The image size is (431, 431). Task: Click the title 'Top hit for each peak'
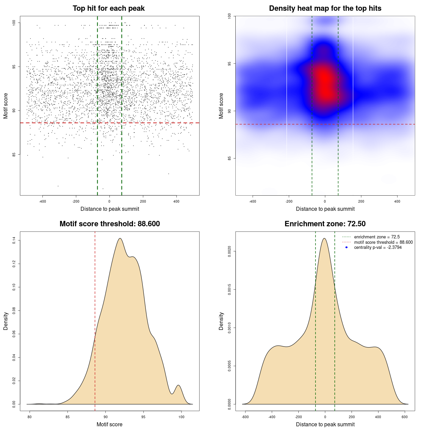108,8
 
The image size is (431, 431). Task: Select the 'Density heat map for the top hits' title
325,8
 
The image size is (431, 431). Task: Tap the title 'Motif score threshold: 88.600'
109,224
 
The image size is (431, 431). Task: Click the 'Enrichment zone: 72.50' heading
325,224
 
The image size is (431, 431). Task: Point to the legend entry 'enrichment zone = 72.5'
377,237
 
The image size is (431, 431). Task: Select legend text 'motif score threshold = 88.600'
383,242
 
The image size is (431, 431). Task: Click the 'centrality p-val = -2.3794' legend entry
378,247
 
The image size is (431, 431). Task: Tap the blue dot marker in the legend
346,247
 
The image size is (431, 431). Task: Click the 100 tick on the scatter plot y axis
14,23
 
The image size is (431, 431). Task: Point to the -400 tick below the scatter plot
42,201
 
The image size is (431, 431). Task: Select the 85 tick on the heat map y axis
230,158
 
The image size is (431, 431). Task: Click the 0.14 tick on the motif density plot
14,240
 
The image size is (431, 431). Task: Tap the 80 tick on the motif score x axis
30,417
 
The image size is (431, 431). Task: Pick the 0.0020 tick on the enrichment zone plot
230,251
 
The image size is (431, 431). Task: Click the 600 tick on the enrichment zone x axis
405,417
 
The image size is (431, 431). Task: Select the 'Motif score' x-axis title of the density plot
109,425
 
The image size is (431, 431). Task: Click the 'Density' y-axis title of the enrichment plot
221,321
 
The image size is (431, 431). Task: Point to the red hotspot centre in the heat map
324,84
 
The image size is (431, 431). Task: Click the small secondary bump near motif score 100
178,385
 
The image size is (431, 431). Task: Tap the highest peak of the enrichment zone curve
324,238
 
